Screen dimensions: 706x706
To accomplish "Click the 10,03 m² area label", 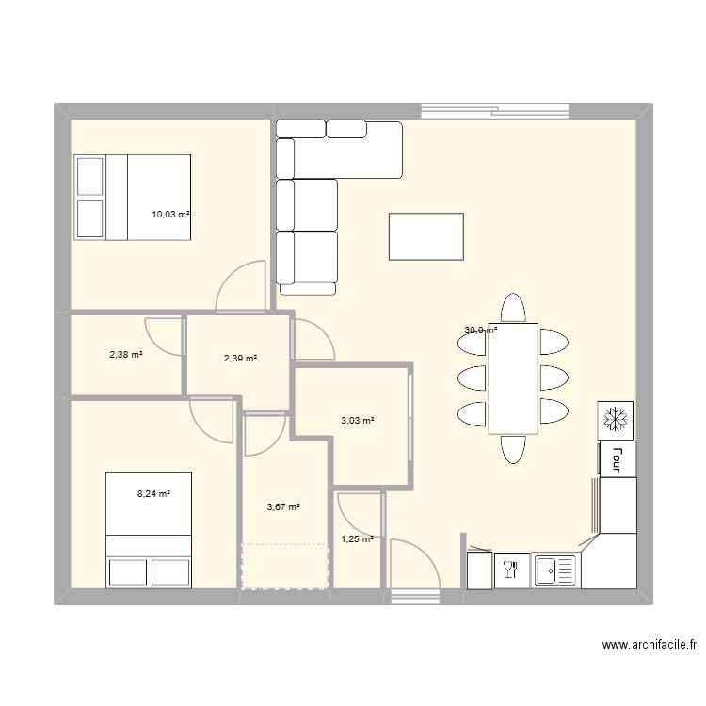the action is [x=170, y=215].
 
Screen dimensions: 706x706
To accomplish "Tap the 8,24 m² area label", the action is [x=153, y=493].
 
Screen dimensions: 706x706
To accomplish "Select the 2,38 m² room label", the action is [x=126, y=354].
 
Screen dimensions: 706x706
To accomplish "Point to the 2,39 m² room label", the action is [x=240, y=359].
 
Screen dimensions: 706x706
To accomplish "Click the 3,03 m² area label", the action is [x=358, y=421].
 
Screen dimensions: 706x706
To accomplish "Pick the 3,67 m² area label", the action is [x=283, y=507].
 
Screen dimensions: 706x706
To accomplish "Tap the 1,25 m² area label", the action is [x=357, y=539].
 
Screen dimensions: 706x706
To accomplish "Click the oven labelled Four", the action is [x=618, y=458].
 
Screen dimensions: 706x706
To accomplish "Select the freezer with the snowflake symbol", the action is [x=615, y=420].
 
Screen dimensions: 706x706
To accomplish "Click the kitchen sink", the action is [x=555, y=570].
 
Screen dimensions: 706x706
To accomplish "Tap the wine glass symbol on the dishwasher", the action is [x=510, y=570].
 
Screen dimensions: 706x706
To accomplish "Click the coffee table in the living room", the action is [x=425, y=236].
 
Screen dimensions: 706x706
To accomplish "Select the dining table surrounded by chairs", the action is [x=513, y=378].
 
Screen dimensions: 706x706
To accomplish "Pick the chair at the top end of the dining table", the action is [x=513, y=308].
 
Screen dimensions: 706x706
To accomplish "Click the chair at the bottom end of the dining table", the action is [x=513, y=449].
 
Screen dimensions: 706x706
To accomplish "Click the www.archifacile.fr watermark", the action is [x=650, y=644].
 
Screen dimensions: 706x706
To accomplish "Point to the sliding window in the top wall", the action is [x=494, y=111].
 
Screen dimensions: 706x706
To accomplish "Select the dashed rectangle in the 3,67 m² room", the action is [x=285, y=566].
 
